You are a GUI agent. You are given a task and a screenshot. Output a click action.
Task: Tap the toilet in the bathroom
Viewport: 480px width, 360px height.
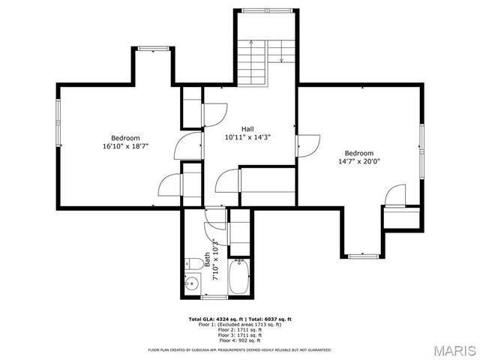(192, 263)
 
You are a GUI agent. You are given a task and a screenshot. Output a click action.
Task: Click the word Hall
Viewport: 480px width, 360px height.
(247, 128)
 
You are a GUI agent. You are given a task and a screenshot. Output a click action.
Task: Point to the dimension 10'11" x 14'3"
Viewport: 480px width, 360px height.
(247, 137)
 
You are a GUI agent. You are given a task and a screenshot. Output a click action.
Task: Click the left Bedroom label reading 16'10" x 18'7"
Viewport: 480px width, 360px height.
(125, 147)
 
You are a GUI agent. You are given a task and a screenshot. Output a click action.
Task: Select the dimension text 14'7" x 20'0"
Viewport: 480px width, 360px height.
(358, 161)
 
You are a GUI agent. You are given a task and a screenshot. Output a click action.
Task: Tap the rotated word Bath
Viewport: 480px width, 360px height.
(207, 259)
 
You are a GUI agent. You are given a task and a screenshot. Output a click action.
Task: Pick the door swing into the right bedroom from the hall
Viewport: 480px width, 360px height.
(309, 145)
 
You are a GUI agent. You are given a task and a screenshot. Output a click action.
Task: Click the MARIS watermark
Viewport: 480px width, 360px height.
(452, 350)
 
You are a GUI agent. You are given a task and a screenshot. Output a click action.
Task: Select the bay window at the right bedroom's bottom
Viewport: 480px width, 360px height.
(363, 256)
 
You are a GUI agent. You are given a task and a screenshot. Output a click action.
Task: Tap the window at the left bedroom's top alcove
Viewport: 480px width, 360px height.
(153, 49)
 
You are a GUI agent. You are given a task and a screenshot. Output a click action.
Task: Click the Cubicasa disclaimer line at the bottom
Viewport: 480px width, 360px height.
(239, 349)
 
